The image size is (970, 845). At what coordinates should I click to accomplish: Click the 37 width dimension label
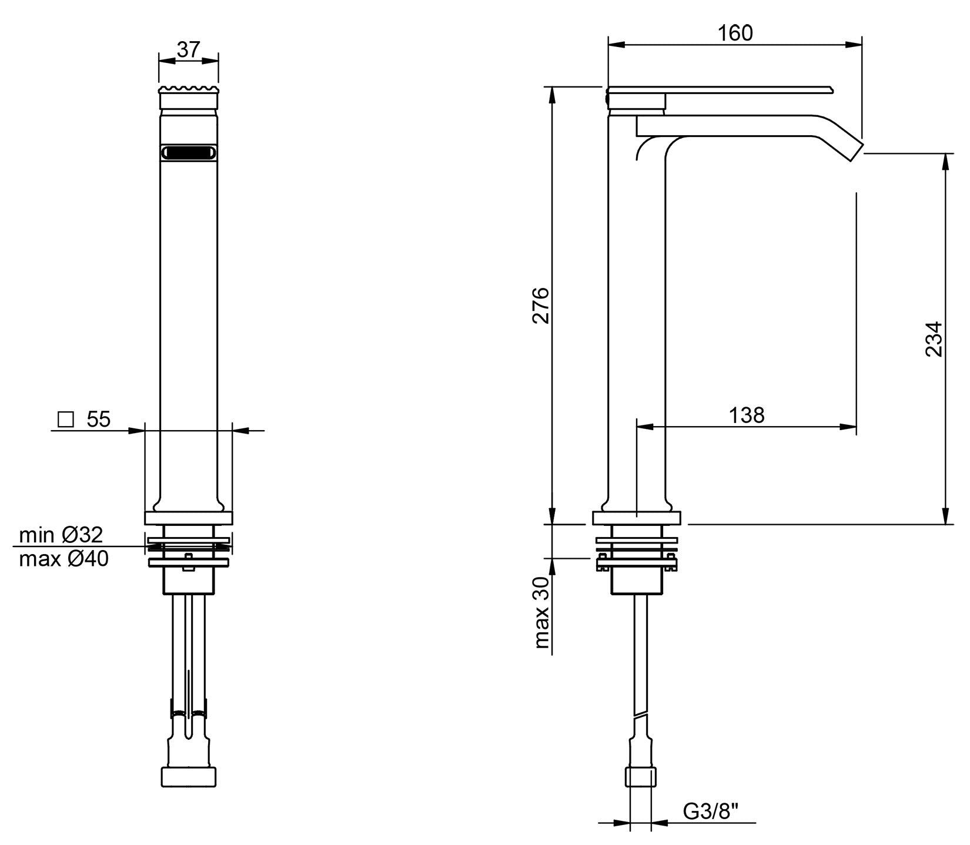point(189,50)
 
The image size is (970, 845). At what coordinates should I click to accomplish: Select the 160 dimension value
point(735,33)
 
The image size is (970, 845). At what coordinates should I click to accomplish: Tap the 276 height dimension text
point(541,306)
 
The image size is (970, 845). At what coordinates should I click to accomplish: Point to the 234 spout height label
point(934,339)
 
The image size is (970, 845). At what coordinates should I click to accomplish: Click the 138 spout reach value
point(747,415)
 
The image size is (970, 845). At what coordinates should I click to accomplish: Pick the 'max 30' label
point(541,612)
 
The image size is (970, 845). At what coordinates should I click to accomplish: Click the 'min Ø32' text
point(61,535)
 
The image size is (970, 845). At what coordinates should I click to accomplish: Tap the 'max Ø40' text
point(64,559)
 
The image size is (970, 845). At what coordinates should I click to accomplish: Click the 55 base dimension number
point(99,420)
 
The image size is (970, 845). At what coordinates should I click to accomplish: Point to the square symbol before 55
point(65,420)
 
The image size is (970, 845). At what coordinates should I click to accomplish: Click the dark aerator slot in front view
point(189,152)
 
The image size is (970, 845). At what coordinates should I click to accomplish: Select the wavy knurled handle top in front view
point(189,92)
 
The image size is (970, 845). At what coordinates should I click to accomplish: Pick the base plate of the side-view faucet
point(637,518)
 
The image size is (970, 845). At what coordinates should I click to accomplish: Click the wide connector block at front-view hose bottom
point(189,776)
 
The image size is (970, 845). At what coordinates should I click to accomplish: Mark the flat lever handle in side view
point(720,90)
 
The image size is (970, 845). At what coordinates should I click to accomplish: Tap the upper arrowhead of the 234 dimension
point(945,162)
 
